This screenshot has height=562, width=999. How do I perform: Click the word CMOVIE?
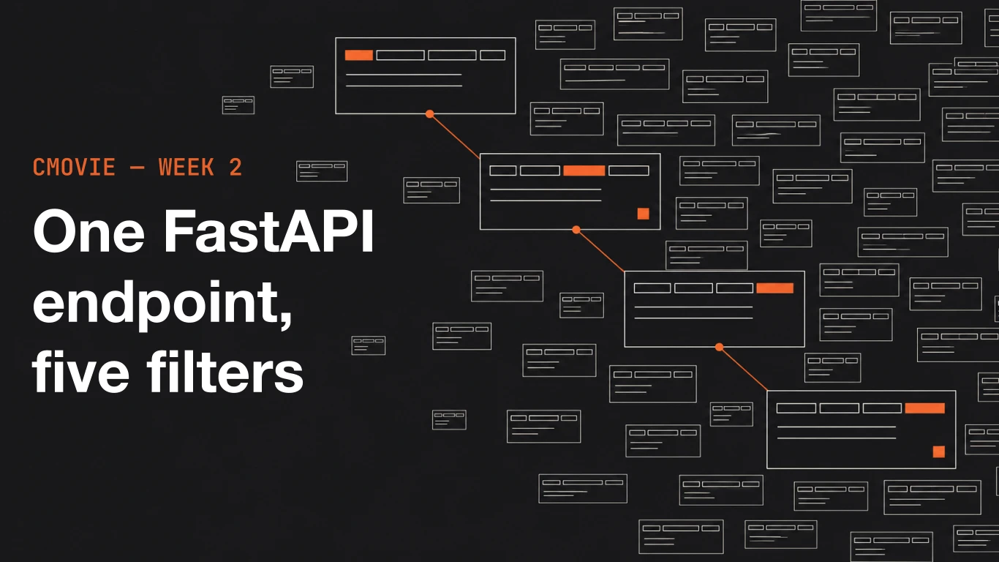click(74, 168)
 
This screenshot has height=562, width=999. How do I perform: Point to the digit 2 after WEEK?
click(235, 168)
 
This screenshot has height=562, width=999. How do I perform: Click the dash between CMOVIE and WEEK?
click(137, 168)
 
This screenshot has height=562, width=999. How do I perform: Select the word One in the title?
click(88, 232)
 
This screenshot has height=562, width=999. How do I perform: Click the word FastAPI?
click(268, 231)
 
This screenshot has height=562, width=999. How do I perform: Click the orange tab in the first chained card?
click(359, 56)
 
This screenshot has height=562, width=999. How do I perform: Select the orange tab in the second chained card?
click(584, 171)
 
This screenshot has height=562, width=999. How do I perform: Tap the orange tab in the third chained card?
click(775, 288)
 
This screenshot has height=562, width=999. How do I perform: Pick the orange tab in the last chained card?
click(925, 408)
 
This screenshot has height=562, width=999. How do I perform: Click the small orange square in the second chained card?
click(643, 214)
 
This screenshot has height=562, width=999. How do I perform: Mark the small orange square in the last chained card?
click(939, 452)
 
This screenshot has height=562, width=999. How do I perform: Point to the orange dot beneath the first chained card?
click(429, 114)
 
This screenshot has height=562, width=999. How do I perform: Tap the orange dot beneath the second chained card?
click(576, 230)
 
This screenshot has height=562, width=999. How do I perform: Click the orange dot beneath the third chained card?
click(719, 348)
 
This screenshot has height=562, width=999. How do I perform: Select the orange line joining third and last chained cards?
click(743, 369)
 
